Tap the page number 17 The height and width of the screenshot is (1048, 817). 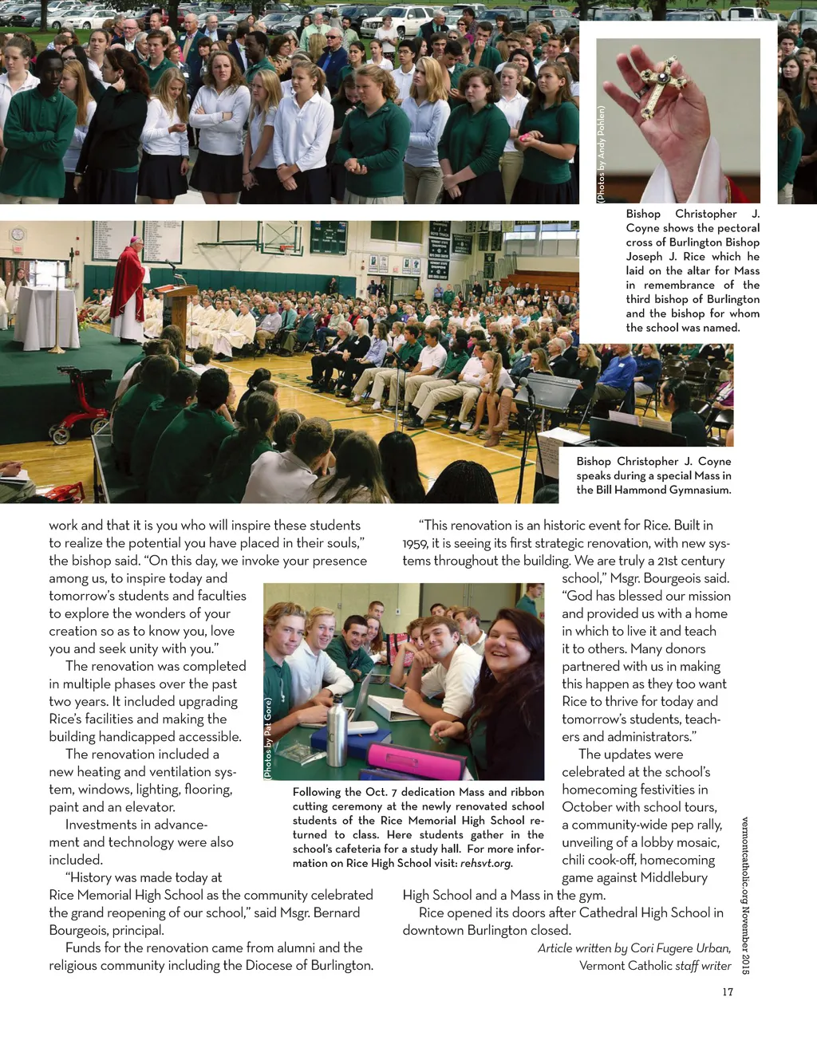(x=727, y=992)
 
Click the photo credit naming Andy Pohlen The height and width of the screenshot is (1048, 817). (x=602, y=154)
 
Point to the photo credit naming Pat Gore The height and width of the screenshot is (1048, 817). (x=268, y=739)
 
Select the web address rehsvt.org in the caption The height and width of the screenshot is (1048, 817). (x=486, y=864)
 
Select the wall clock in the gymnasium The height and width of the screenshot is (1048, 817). (x=18, y=234)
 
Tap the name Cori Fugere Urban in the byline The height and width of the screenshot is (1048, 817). (x=680, y=948)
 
